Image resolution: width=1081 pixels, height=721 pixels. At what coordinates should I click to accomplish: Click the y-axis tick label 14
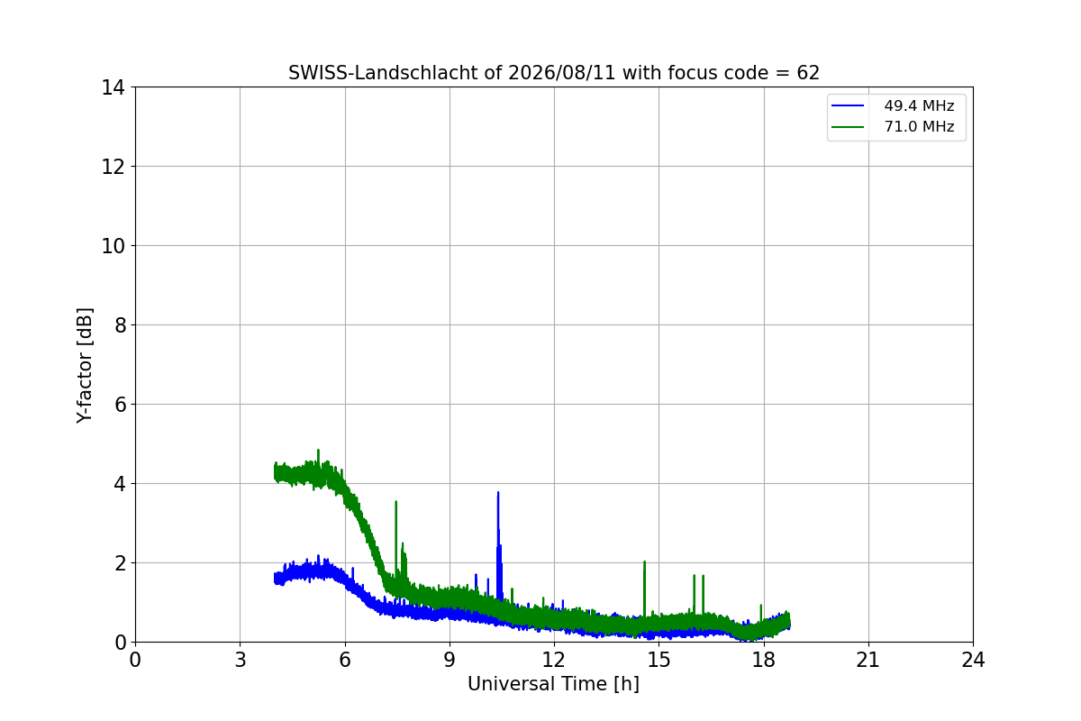[x=113, y=88]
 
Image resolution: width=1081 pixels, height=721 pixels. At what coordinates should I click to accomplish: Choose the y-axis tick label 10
[x=113, y=246]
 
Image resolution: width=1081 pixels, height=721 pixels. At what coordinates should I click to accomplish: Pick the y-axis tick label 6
[x=120, y=405]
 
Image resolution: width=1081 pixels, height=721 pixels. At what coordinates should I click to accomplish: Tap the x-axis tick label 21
[x=868, y=660]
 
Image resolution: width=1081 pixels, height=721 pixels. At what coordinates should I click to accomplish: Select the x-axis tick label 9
[x=450, y=660]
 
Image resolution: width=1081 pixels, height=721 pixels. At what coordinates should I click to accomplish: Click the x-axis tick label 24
[x=973, y=660]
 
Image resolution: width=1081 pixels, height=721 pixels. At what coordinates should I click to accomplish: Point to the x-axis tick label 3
[x=241, y=660]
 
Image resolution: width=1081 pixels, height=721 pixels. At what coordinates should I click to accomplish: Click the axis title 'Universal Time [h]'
[x=553, y=684]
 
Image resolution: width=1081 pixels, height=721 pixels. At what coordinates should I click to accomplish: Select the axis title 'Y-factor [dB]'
[x=85, y=366]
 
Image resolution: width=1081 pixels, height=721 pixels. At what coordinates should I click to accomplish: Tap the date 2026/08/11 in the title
[x=562, y=73]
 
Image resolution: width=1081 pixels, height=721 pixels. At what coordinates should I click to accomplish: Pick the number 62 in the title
[x=808, y=73]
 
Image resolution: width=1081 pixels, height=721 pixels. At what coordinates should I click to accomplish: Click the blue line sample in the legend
[x=848, y=105]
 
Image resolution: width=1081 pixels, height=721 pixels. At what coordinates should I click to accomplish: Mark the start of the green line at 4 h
[x=275, y=473]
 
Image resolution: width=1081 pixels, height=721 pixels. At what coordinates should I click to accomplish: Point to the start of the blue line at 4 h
[x=275, y=578]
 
